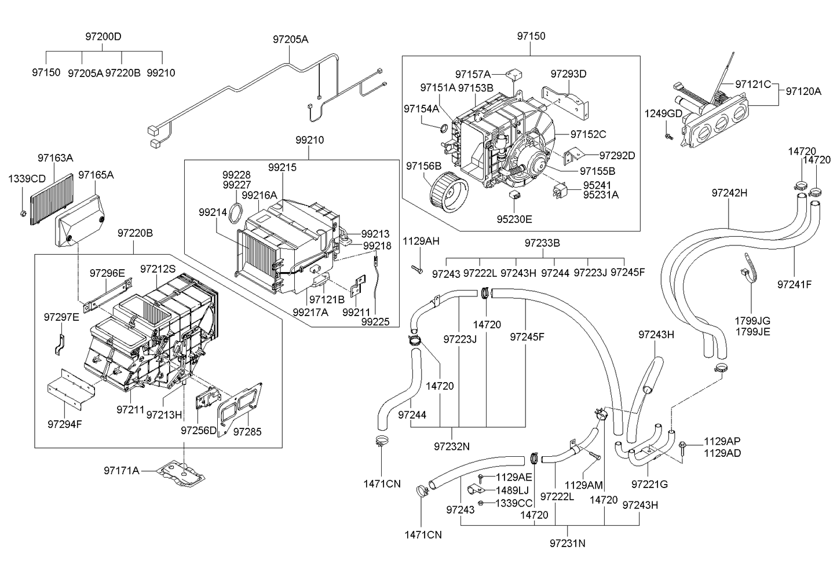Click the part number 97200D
click(x=103, y=36)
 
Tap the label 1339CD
click(x=27, y=179)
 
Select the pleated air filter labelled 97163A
click(x=52, y=199)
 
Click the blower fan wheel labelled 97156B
click(x=449, y=195)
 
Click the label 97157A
click(x=473, y=74)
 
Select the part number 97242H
click(x=729, y=193)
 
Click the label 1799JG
click(x=752, y=320)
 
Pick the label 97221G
click(x=649, y=484)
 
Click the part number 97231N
click(x=567, y=543)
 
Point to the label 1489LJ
click(x=512, y=490)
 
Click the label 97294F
click(x=65, y=424)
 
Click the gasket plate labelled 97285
click(x=239, y=409)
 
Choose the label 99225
click(x=375, y=321)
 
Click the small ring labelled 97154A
click(x=444, y=129)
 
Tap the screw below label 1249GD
click(x=668, y=136)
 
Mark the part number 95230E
click(x=514, y=219)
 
